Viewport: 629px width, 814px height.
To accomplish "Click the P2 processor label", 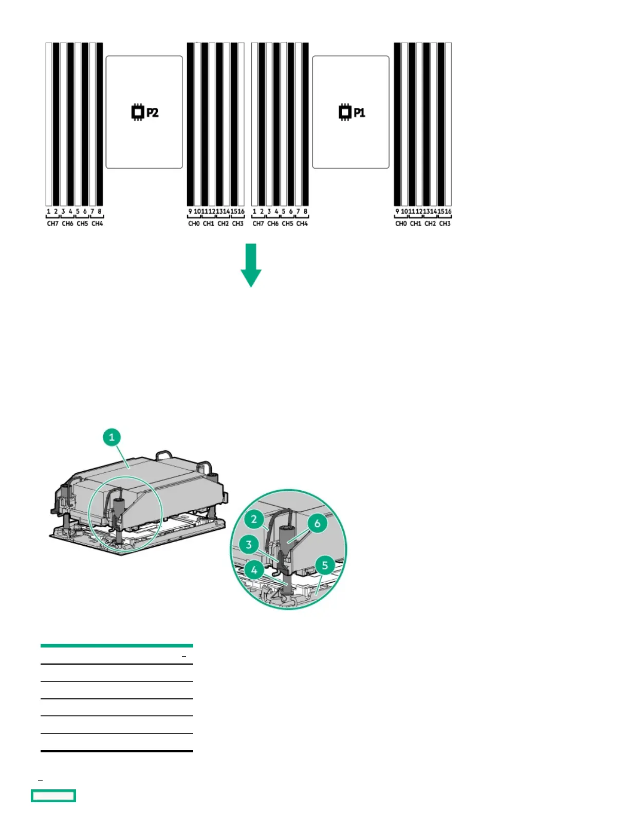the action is [x=152, y=113].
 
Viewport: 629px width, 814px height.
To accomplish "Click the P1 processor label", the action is [x=359, y=113].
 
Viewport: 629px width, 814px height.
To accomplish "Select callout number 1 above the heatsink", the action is [x=112, y=437].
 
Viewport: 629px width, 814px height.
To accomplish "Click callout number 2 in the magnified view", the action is [x=254, y=519].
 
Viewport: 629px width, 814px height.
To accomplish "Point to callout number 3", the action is [x=249, y=544].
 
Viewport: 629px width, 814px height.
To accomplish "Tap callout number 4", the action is [x=254, y=569].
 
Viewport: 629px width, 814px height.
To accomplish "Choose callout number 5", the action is [x=325, y=566].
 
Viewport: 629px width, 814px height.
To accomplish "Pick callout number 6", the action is [x=317, y=523].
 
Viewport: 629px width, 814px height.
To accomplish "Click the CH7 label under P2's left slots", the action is [x=52, y=224].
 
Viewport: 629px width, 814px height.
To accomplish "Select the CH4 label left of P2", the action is [x=97, y=224].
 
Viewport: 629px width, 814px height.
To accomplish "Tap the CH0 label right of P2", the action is [x=194, y=224].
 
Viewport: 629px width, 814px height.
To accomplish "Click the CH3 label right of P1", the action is [x=445, y=224].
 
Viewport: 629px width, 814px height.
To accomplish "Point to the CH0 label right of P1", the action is [x=401, y=224].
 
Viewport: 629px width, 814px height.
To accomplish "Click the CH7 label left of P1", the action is [x=258, y=224].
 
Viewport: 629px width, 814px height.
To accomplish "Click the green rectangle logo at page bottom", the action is [x=53, y=795].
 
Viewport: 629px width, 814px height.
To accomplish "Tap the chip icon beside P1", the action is [x=344, y=112].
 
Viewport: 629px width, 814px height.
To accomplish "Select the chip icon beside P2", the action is [x=137, y=112].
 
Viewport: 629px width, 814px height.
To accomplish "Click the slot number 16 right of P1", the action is [x=448, y=211].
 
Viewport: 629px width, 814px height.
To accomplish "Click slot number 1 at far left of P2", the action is [x=49, y=211].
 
